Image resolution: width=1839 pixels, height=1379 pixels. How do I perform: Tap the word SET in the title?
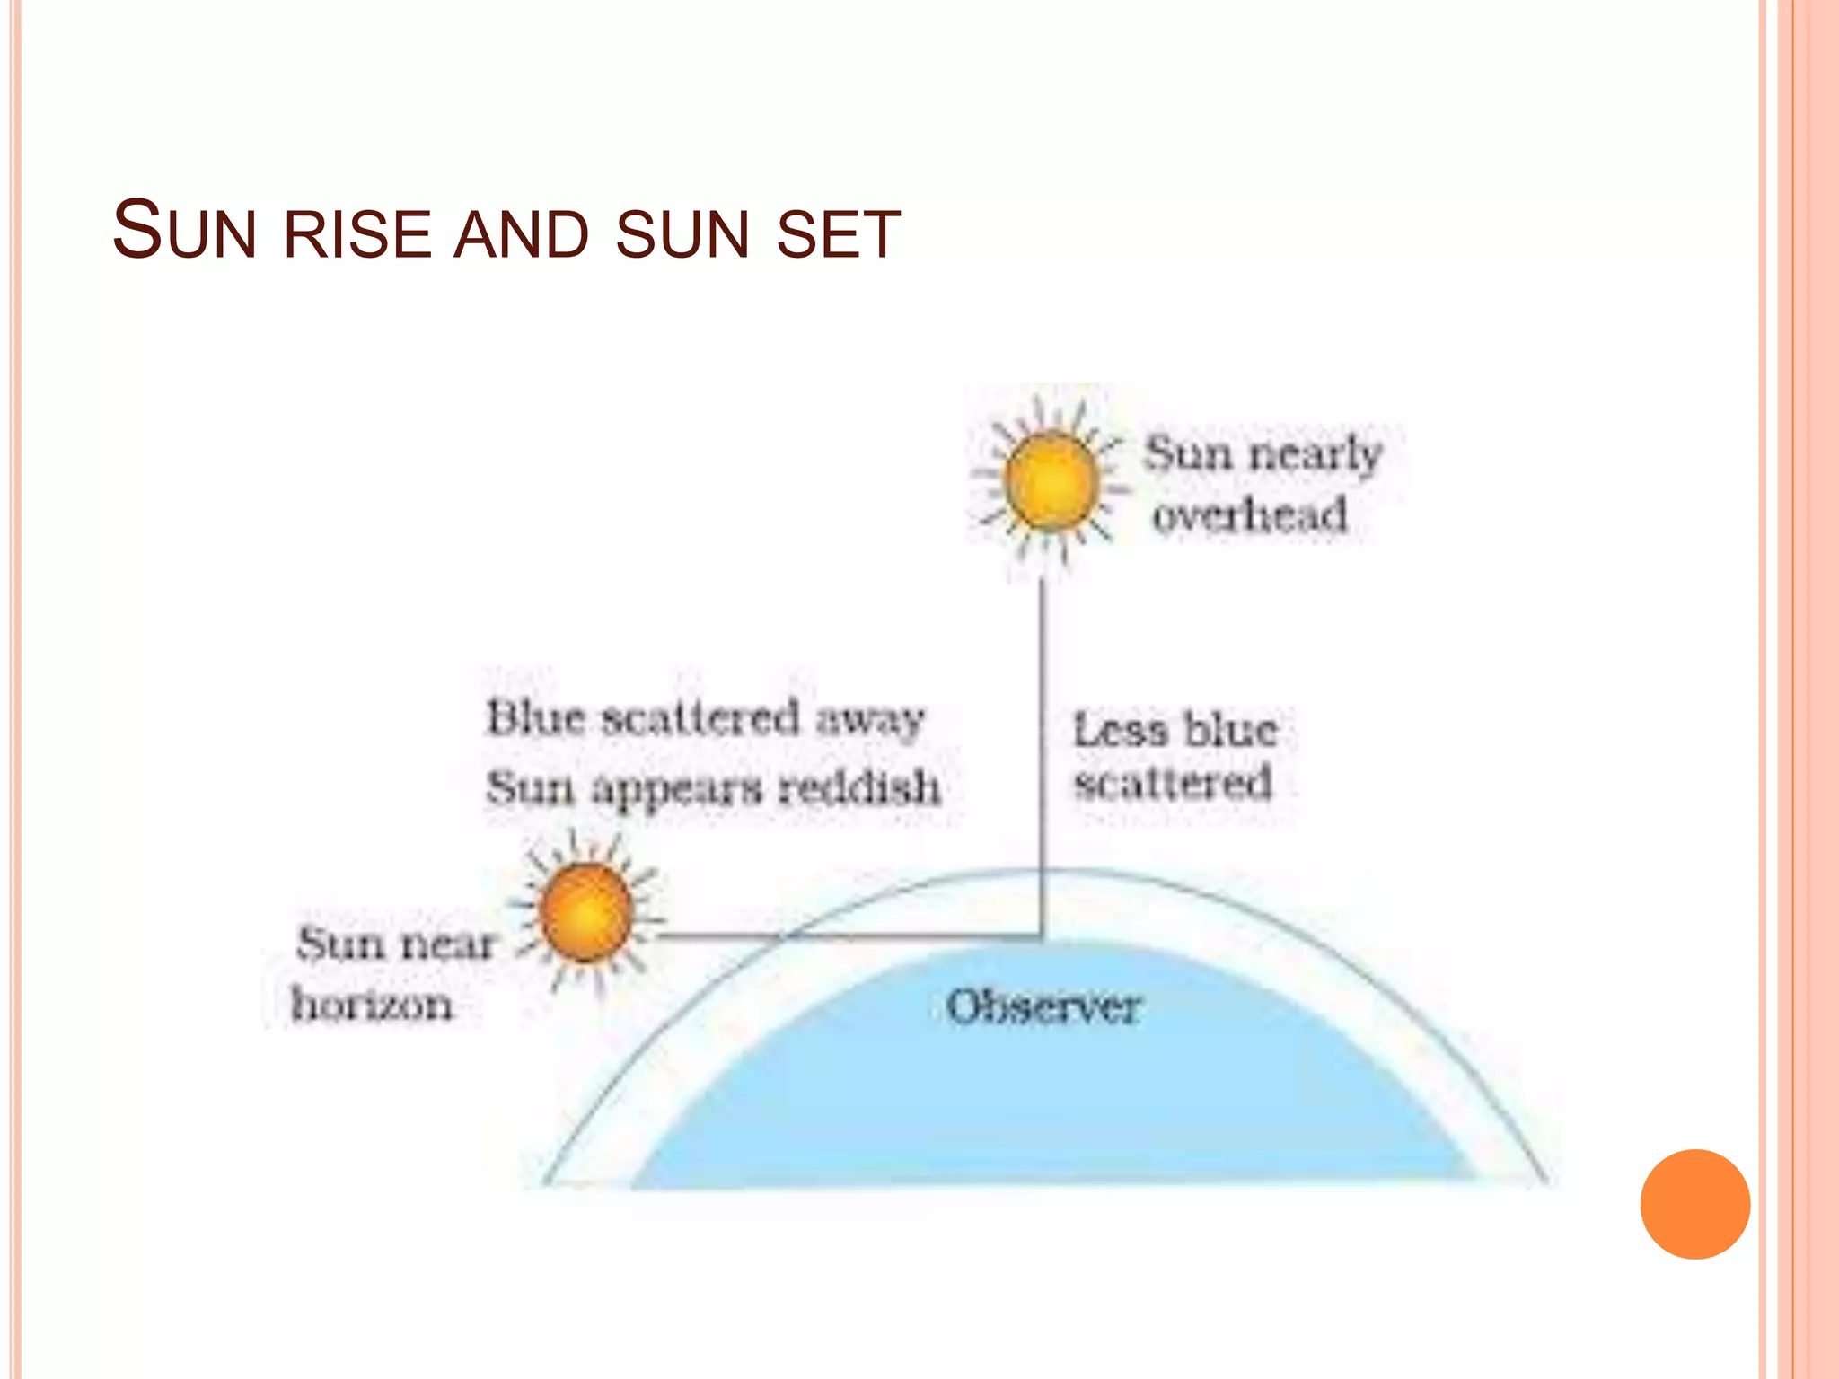[x=838, y=234]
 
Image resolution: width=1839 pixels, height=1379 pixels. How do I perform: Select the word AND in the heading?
[x=521, y=234]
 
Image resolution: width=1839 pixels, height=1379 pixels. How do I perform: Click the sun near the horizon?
[x=586, y=913]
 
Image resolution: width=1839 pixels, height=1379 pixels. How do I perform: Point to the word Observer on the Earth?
[x=1043, y=1006]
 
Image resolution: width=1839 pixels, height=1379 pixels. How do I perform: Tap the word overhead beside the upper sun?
[x=1250, y=515]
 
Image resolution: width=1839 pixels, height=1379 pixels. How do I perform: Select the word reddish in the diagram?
[x=859, y=787]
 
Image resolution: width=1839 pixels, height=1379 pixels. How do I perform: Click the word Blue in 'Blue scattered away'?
[x=536, y=718]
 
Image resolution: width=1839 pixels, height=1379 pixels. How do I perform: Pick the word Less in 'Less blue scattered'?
[x=1121, y=729]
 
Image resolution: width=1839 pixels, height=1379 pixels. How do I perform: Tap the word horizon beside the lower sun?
[x=372, y=1004]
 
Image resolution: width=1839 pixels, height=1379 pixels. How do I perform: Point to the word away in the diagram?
[x=869, y=719]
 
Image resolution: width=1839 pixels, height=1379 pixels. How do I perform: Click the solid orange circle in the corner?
[x=1694, y=1204]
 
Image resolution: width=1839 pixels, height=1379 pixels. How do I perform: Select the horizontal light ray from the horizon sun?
[x=844, y=936]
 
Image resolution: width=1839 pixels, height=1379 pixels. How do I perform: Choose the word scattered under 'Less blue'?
[x=1173, y=783]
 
